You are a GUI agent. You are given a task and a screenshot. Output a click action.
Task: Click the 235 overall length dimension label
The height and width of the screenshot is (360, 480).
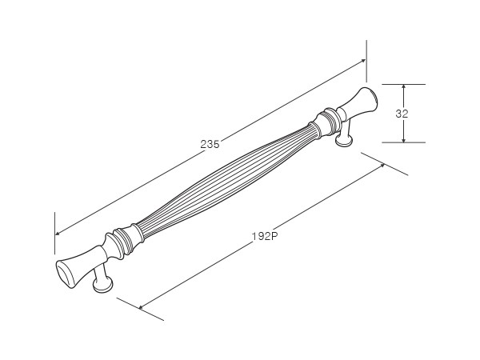(210, 144)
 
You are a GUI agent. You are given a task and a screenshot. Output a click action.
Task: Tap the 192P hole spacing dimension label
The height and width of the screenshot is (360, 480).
(265, 236)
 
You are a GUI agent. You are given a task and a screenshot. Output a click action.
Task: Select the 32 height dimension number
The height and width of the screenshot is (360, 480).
(402, 114)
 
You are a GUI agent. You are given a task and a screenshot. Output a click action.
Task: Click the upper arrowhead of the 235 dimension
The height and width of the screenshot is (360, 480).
(363, 60)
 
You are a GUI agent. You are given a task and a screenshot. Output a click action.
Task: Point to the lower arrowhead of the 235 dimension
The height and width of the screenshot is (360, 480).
(58, 234)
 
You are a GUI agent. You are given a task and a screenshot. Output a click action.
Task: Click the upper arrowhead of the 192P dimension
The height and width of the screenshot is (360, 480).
(382, 165)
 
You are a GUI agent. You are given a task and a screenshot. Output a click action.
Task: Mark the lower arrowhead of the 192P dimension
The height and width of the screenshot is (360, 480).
(141, 306)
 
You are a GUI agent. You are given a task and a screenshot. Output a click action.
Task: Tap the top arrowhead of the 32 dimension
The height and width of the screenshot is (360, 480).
(404, 87)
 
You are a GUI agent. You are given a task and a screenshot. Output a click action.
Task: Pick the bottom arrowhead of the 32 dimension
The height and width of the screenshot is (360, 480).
(404, 139)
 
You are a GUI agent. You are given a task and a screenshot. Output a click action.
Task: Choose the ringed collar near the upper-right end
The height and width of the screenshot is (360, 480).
(326, 122)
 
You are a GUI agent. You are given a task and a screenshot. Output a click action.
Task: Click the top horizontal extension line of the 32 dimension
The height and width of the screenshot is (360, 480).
(403, 84)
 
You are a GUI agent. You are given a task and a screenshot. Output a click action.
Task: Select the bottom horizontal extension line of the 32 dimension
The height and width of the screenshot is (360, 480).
(403, 142)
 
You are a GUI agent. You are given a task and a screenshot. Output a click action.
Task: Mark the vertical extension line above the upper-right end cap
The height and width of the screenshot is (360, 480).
(366, 62)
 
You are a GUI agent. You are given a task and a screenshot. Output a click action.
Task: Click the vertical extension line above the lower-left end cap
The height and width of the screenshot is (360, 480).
(55, 233)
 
